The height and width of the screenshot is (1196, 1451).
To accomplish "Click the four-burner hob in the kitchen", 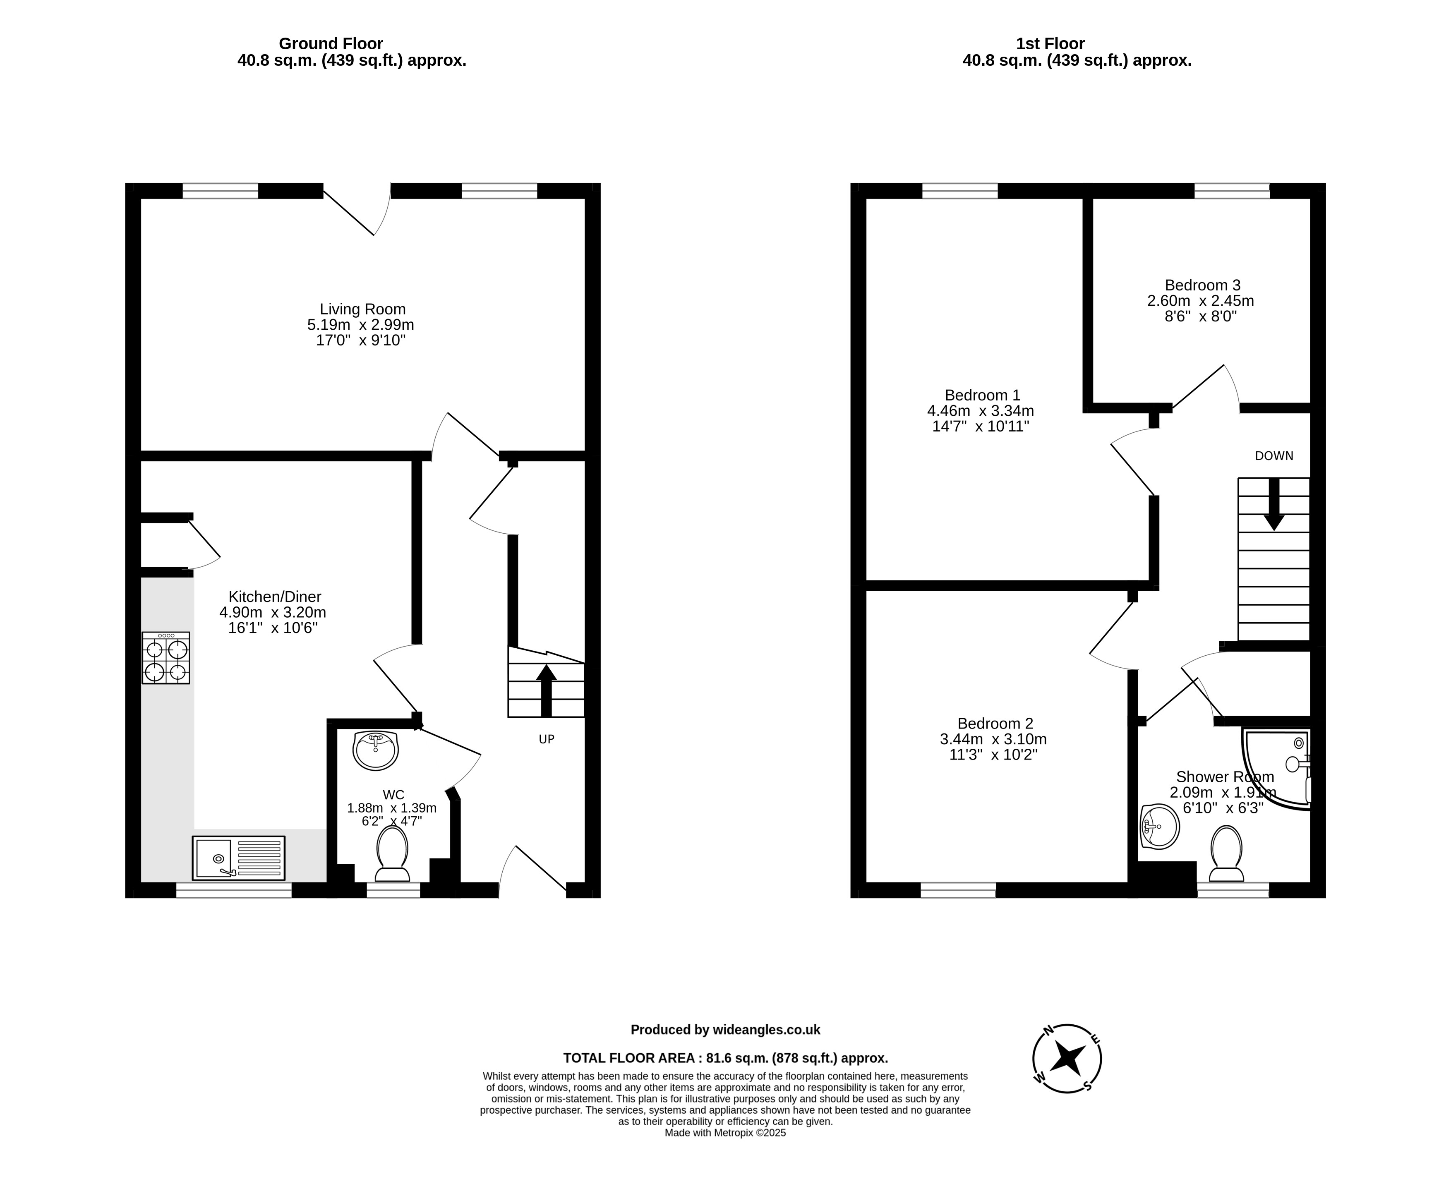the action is click(166, 658).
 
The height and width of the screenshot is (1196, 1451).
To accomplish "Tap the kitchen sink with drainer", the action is click(238, 858).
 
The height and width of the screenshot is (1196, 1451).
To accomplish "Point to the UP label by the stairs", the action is click(547, 739).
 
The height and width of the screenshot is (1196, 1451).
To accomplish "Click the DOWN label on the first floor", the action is click(1274, 455).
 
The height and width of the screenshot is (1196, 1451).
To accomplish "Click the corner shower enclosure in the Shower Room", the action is click(1276, 769).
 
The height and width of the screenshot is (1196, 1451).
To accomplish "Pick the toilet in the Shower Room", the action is click(1226, 853).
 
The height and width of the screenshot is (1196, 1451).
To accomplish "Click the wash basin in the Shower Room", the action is click(1160, 826).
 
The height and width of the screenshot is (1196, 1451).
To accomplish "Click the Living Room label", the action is click(362, 309).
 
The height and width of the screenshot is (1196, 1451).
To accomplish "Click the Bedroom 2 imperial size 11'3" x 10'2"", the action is click(993, 755).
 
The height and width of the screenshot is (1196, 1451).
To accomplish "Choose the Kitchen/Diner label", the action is click(275, 597).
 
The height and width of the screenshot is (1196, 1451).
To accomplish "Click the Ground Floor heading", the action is click(331, 43).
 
